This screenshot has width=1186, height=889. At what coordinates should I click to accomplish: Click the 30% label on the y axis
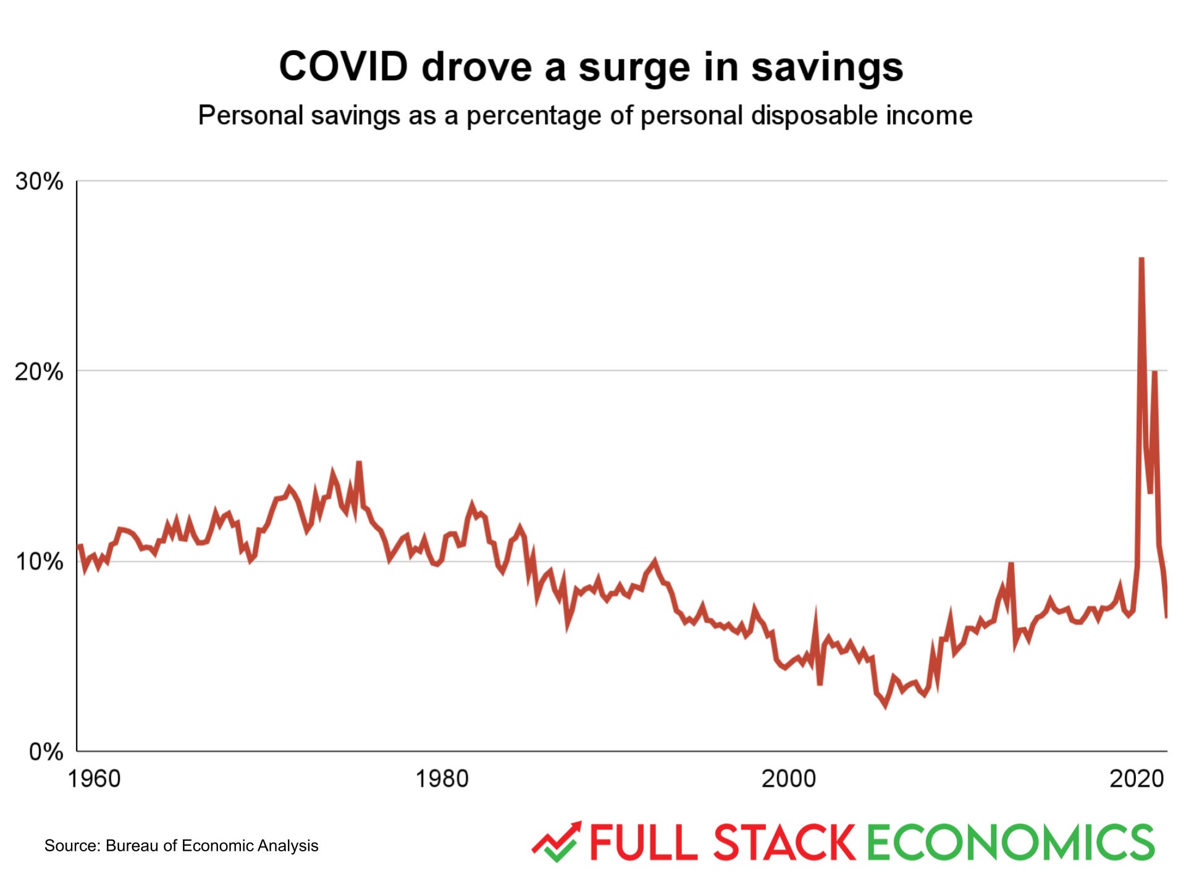39,182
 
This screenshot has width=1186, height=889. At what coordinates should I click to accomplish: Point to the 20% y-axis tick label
39,372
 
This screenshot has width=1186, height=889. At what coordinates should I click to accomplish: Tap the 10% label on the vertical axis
39,562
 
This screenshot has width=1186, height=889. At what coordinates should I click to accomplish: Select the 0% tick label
46,752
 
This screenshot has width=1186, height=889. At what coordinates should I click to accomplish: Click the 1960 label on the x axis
94,778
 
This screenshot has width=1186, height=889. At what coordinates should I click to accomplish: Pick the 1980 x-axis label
441,778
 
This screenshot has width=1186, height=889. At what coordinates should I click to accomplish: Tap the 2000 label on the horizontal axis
788,778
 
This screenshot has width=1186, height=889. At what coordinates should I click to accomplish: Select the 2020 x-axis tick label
1136,778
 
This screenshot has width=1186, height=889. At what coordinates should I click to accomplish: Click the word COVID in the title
343,66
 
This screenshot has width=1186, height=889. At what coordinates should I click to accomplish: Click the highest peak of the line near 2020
1142,259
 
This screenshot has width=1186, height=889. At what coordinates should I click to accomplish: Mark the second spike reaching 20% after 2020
1154,372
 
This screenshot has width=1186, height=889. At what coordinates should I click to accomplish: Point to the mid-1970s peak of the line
359,463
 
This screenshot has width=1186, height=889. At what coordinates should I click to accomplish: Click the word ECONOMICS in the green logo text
1011,842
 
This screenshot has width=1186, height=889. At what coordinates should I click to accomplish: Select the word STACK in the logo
784,842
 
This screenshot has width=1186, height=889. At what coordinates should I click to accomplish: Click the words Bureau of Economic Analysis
212,845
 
